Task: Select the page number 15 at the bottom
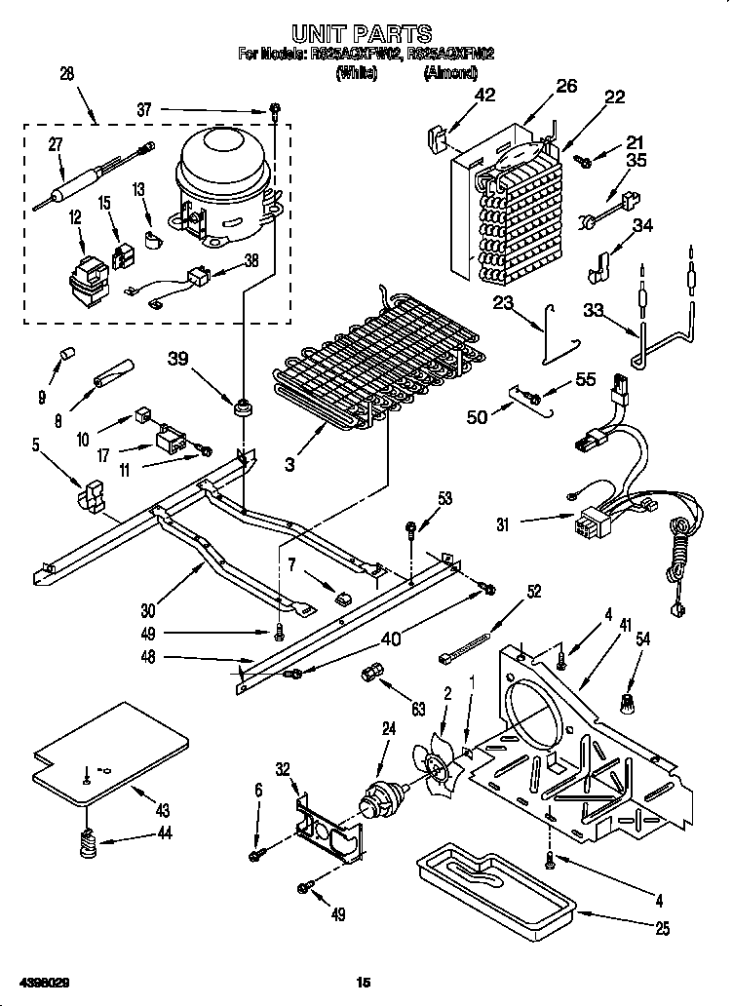pos(364,982)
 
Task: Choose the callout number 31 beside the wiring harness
pos(503,524)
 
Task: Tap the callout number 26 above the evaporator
pos(566,87)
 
